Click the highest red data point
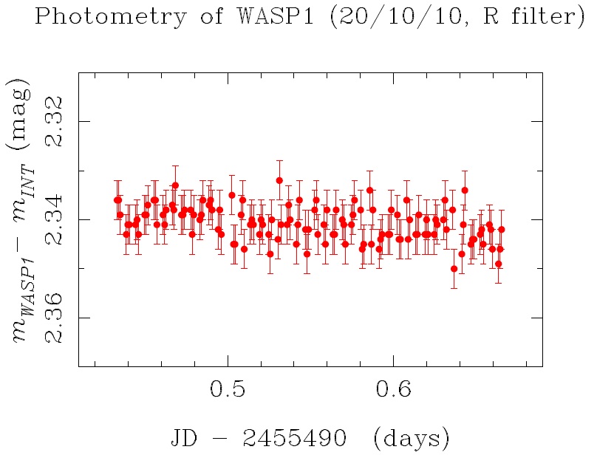[279, 180]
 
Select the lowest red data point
[454, 269]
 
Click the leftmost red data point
[117, 200]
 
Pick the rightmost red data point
[502, 230]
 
